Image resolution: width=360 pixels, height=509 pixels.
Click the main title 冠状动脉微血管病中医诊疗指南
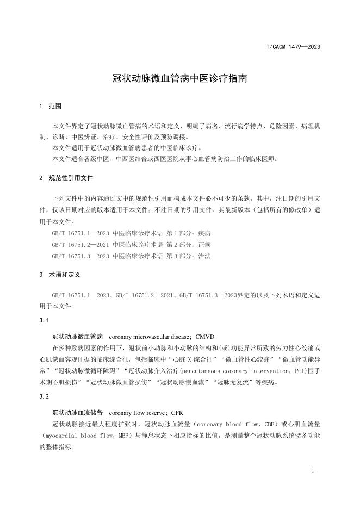tap(180, 78)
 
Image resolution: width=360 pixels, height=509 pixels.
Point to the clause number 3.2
tap(44, 397)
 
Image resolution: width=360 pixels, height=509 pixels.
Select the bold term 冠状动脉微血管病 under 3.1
tap(78, 337)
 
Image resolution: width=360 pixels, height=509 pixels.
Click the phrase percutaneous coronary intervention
tap(240, 371)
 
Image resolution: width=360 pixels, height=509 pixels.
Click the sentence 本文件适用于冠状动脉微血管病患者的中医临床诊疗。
tap(127, 148)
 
